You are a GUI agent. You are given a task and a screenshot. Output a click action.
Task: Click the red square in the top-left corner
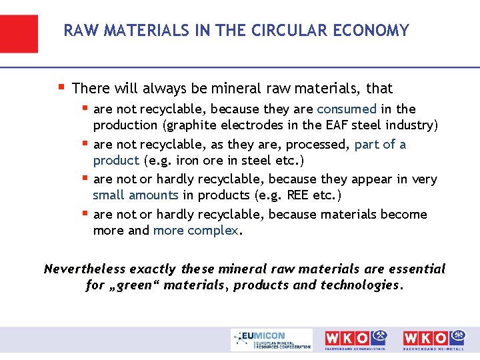click(x=19, y=33)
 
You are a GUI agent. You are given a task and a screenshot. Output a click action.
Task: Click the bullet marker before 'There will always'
click(x=61, y=87)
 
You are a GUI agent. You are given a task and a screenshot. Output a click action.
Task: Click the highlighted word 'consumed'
click(x=347, y=109)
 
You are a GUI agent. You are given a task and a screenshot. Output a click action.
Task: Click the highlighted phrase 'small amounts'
click(x=135, y=195)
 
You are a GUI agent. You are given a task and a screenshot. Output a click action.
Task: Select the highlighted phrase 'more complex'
click(x=196, y=231)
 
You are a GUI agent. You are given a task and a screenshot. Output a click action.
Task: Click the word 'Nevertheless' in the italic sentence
click(x=85, y=269)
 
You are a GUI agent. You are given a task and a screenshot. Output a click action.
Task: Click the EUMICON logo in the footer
click(x=271, y=339)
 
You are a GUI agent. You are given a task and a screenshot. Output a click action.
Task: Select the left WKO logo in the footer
click(x=355, y=339)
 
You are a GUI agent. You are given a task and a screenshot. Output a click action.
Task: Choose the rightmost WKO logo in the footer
click(x=433, y=339)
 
